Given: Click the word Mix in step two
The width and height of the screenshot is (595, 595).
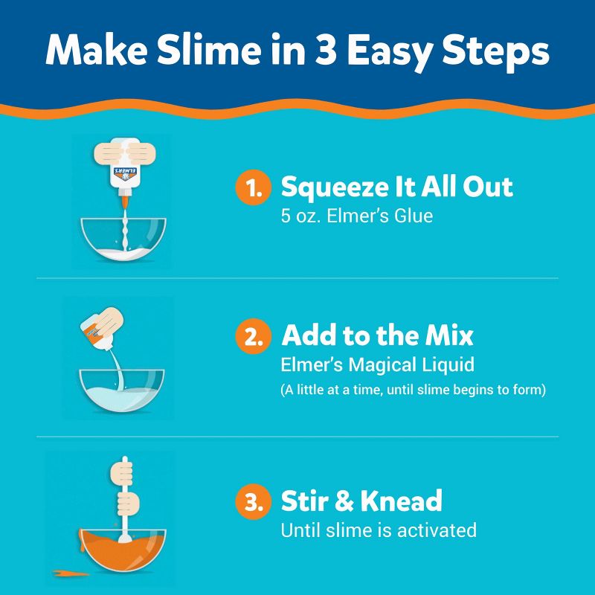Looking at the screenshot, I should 447,336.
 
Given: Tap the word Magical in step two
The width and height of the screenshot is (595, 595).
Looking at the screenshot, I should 379,366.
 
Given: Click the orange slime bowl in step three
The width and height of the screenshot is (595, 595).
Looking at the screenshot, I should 124,553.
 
